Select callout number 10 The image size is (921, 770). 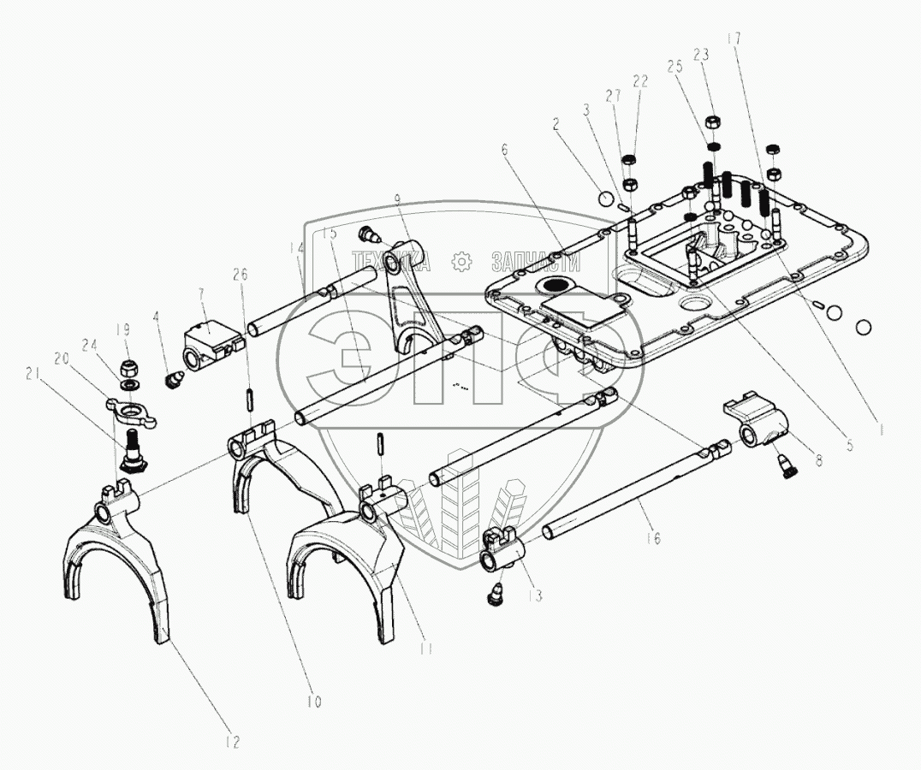click(x=314, y=702)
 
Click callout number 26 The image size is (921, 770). click(x=241, y=275)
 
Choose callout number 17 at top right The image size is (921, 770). click(x=734, y=38)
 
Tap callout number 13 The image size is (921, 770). click(x=536, y=595)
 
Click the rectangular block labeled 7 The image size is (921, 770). click(x=208, y=341)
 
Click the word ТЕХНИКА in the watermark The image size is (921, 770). click(x=392, y=262)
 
